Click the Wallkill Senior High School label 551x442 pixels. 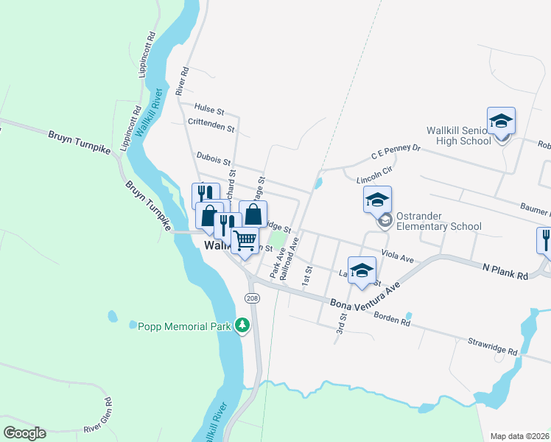(458, 136)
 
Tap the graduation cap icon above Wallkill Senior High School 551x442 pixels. (501, 121)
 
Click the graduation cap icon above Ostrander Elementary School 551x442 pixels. (377, 200)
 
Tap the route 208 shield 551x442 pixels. (252, 297)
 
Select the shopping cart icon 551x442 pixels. (245, 239)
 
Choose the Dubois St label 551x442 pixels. (214, 158)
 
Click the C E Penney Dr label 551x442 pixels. (396, 152)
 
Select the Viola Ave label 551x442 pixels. (398, 258)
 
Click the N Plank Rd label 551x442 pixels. (506, 271)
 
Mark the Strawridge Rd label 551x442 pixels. (494, 347)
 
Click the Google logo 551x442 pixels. (24, 433)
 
